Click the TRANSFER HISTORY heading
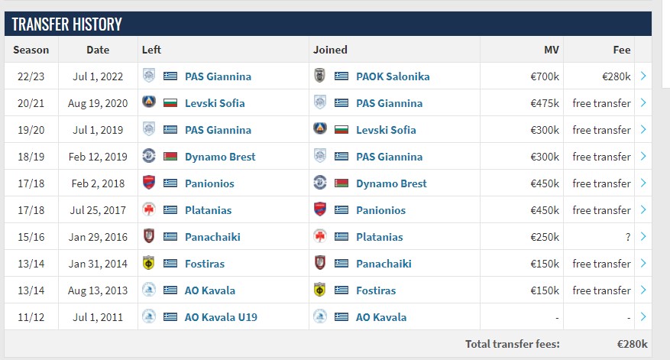tap(66, 24)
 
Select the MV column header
tap(551, 50)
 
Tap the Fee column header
tap(622, 50)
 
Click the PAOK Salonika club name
tap(393, 76)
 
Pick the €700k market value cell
tap(545, 76)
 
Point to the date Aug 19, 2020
tap(98, 103)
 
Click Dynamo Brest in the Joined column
tap(391, 183)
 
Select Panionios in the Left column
tap(209, 183)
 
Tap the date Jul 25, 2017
tap(98, 210)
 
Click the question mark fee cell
tap(628, 237)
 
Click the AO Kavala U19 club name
tap(219, 317)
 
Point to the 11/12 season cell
tap(31, 317)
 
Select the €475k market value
tap(545, 103)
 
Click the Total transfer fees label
tap(511, 344)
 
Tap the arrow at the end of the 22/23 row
tap(643, 76)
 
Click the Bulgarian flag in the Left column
tap(170, 103)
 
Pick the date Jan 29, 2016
tap(98, 237)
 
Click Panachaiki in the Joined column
tap(384, 264)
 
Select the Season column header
tap(31, 50)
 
